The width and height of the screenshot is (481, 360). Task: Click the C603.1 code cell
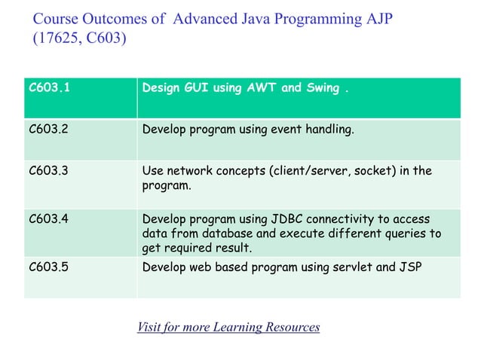[46, 88]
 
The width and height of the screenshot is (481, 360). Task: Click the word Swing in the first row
[322, 88]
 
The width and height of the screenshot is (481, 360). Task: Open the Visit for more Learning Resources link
[228, 327]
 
